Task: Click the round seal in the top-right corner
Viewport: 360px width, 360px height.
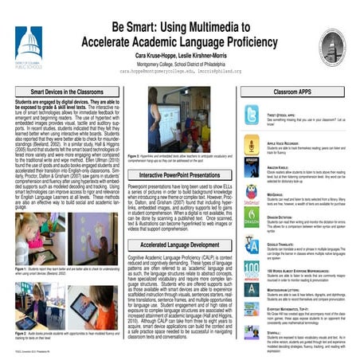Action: click(x=332, y=46)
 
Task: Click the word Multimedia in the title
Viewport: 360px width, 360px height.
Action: click(x=235, y=18)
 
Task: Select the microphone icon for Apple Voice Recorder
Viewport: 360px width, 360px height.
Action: click(x=252, y=148)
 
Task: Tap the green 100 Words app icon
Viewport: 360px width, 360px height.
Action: click(x=252, y=269)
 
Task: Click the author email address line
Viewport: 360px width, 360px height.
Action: click(x=179, y=70)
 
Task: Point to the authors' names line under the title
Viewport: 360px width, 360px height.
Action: click(x=179, y=52)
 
